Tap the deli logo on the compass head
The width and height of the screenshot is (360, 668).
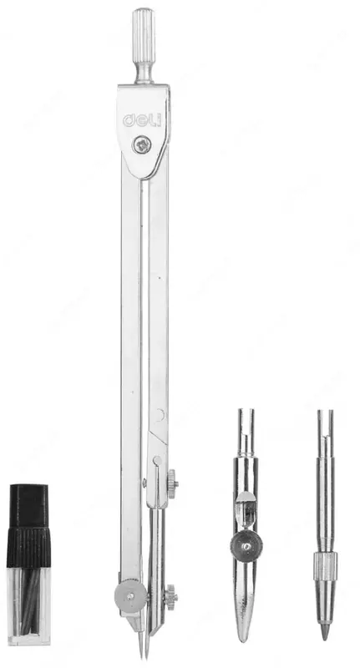coord(142,120)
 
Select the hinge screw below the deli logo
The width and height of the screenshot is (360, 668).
coord(140,144)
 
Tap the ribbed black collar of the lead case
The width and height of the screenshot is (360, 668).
coord(28,549)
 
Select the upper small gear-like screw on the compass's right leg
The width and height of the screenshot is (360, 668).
coord(173,483)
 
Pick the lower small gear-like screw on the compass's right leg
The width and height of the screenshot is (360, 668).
coord(171,597)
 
